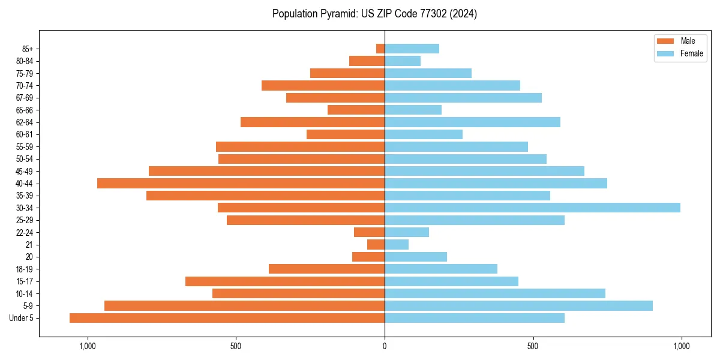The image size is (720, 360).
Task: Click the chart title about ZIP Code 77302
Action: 374,14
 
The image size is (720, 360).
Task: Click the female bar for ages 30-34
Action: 532,208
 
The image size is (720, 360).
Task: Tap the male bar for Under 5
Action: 227,318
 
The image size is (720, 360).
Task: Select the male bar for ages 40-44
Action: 241,183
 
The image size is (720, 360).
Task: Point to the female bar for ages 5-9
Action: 518,305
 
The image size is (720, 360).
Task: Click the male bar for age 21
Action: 376,244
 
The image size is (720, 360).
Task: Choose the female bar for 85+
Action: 412,49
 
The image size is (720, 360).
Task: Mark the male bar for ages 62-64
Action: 313,122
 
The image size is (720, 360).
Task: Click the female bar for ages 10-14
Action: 495,293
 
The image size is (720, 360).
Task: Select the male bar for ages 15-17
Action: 285,281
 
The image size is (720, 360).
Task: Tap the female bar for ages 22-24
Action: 407,232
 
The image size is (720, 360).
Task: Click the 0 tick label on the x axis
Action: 385,346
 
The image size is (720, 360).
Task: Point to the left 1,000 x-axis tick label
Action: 88,346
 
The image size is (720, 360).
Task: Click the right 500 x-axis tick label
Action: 533,346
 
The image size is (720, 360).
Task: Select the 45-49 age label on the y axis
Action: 25,171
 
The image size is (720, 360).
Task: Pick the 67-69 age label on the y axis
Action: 25,98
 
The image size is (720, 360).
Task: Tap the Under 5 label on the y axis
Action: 22,318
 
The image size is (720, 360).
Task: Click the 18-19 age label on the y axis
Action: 25,269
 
